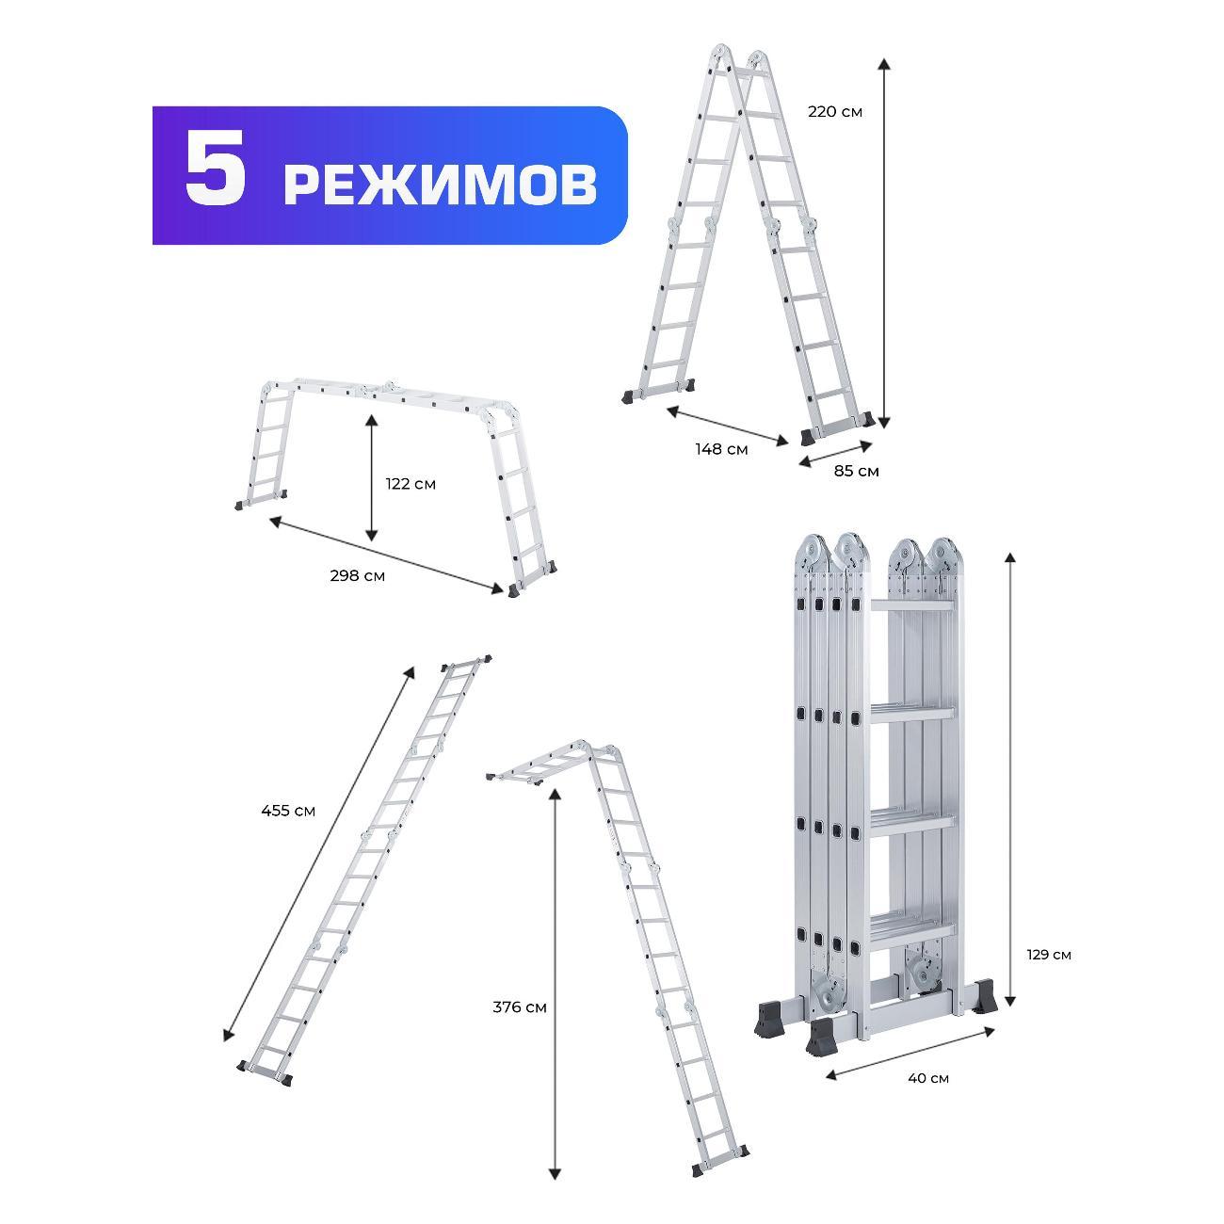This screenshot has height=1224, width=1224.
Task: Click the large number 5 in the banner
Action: (x=216, y=175)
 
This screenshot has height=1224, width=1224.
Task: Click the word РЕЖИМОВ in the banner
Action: (x=440, y=185)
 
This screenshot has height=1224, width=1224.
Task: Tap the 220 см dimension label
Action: (x=834, y=111)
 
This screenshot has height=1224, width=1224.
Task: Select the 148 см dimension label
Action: (x=721, y=449)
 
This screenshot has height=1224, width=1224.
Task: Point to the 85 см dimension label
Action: (x=856, y=471)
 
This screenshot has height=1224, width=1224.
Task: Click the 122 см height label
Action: (x=411, y=484)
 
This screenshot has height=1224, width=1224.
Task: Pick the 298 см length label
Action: (x=357, y=575)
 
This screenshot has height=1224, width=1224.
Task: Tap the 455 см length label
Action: (x=288, y=810)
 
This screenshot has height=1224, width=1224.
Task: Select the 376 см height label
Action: (x=520, y=1007)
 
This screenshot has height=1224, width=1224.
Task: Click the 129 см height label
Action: (x=1048, y=955)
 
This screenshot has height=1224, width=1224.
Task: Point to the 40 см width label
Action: (x=927, y=1078)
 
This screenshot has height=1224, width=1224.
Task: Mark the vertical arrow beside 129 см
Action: (x=1010, y=781)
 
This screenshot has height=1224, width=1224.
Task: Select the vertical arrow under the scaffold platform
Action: (x=372, y=480)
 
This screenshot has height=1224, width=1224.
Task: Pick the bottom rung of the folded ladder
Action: (x=911, y=927)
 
